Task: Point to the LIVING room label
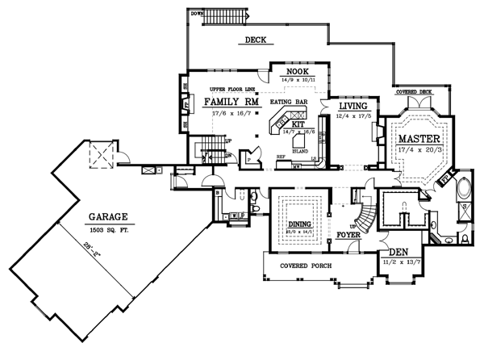(353, 106)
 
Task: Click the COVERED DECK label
(413, 92)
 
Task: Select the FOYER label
(348, 236)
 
